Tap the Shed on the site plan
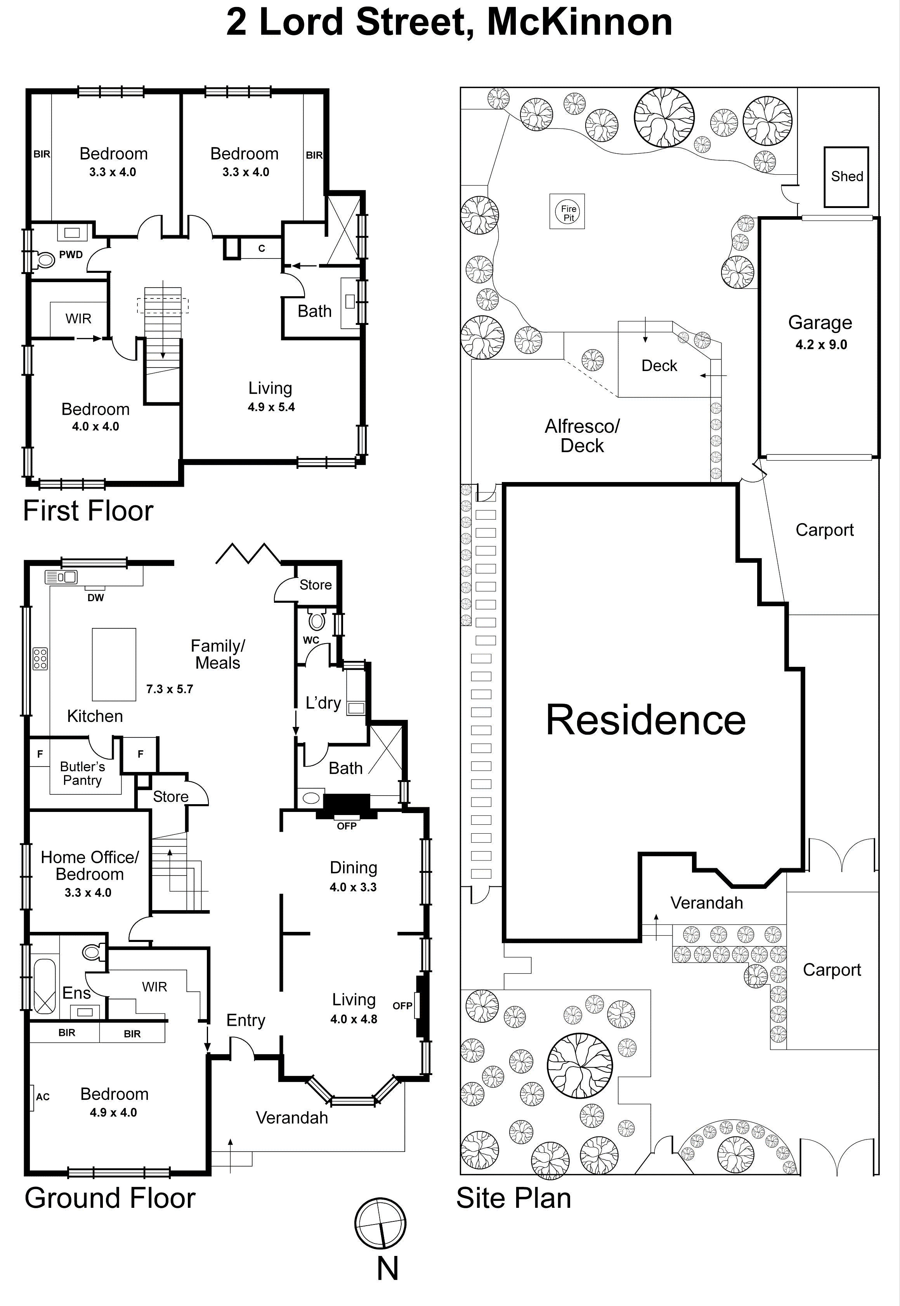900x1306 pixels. pos(846,177)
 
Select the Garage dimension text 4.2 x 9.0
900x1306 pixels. pos(821,345)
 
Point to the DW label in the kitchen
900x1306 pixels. pos(95,598)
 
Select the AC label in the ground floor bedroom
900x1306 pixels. pos(43,1097)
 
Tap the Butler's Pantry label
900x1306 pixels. pos(82,773)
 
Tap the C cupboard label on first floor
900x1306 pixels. pos(261,248)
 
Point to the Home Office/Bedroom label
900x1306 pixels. pos(90,865)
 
